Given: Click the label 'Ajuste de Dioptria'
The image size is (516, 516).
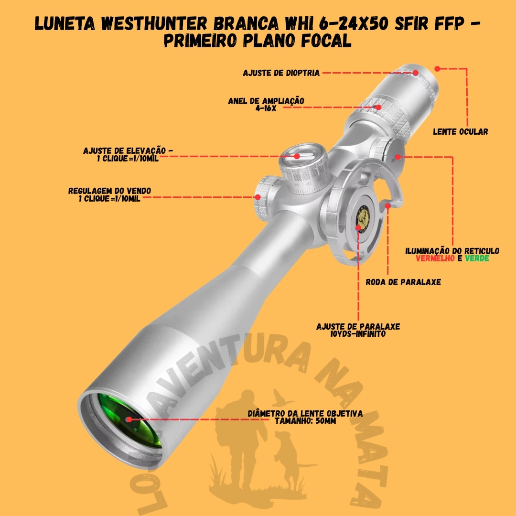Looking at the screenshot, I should pyautogui.click(x=281, y=73).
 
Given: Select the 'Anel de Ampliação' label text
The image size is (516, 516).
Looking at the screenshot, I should pyautogui.click(x=266, y=101).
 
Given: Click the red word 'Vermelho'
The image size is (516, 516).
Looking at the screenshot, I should pyautogui.click(x=434, y=258).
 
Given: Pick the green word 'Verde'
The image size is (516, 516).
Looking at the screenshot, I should pyautogui.click(x=477, y=258).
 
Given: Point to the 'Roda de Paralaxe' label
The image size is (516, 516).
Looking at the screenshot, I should pyautogui.click(x=403, y=282).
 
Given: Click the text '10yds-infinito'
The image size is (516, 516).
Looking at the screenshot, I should pyautogui.click(x=358, y=334).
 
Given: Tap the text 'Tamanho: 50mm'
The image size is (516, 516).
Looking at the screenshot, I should pyautogui.click(x=305, y=420).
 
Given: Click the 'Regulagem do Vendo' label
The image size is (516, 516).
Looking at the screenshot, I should pyautogui.click(x=109, y=191).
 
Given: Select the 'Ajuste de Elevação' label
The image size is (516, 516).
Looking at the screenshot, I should pyautogui.click(x=128, y=151).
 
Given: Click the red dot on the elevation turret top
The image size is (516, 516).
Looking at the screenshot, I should pyautogui.click(x=297, y=156).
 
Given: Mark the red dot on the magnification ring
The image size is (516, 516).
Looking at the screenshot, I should pyautogui.click(x=378, y=107).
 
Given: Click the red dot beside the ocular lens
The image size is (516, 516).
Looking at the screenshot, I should pyautogui.click(x=437, y=68).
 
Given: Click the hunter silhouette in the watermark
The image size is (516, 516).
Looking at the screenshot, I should pyautogui.click(x=239, y=440).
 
